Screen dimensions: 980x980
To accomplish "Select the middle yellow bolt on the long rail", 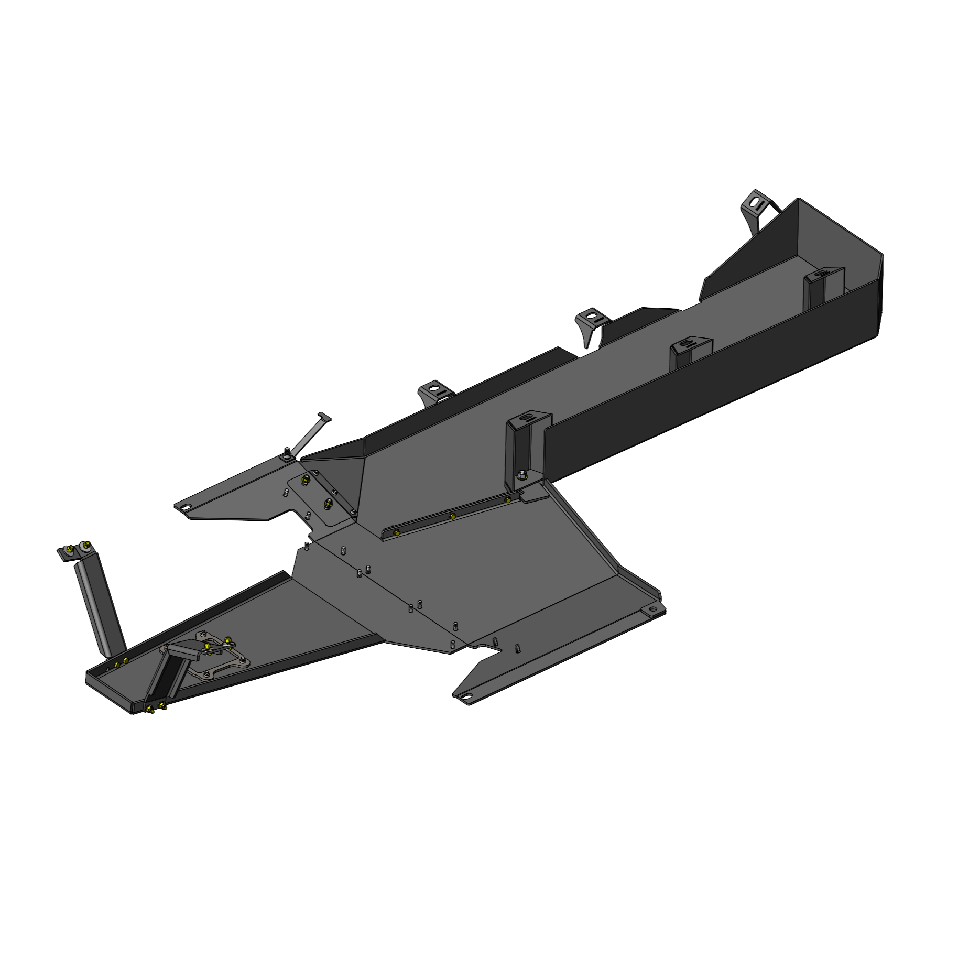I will tap(452, 516).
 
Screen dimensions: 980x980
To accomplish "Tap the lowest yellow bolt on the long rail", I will tap(396, 533).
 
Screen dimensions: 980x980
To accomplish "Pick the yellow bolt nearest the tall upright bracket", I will tap(507, 500).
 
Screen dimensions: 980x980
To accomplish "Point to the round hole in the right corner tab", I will tap(652, 610).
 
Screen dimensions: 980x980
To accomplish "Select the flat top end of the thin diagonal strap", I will tap(324, 417).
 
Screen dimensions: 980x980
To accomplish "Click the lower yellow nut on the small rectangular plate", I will tap(329, 504).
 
